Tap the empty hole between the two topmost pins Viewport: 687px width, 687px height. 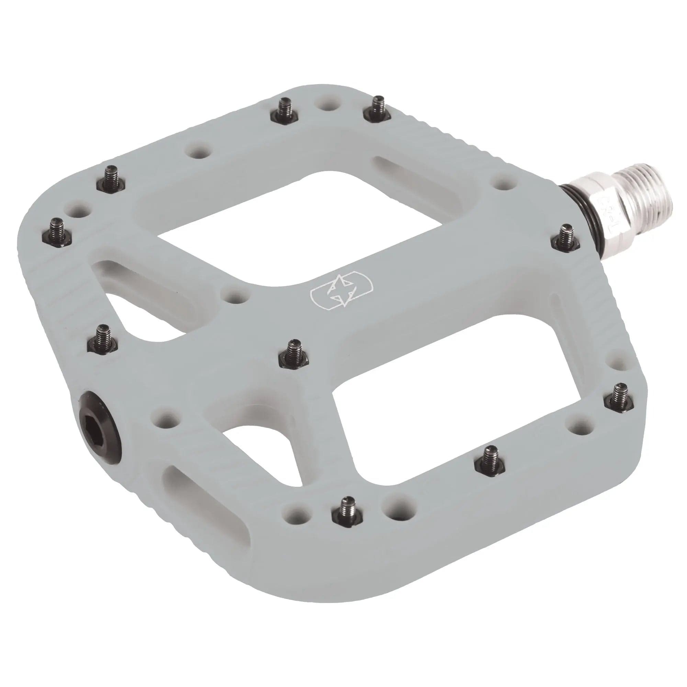click(326, 105)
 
